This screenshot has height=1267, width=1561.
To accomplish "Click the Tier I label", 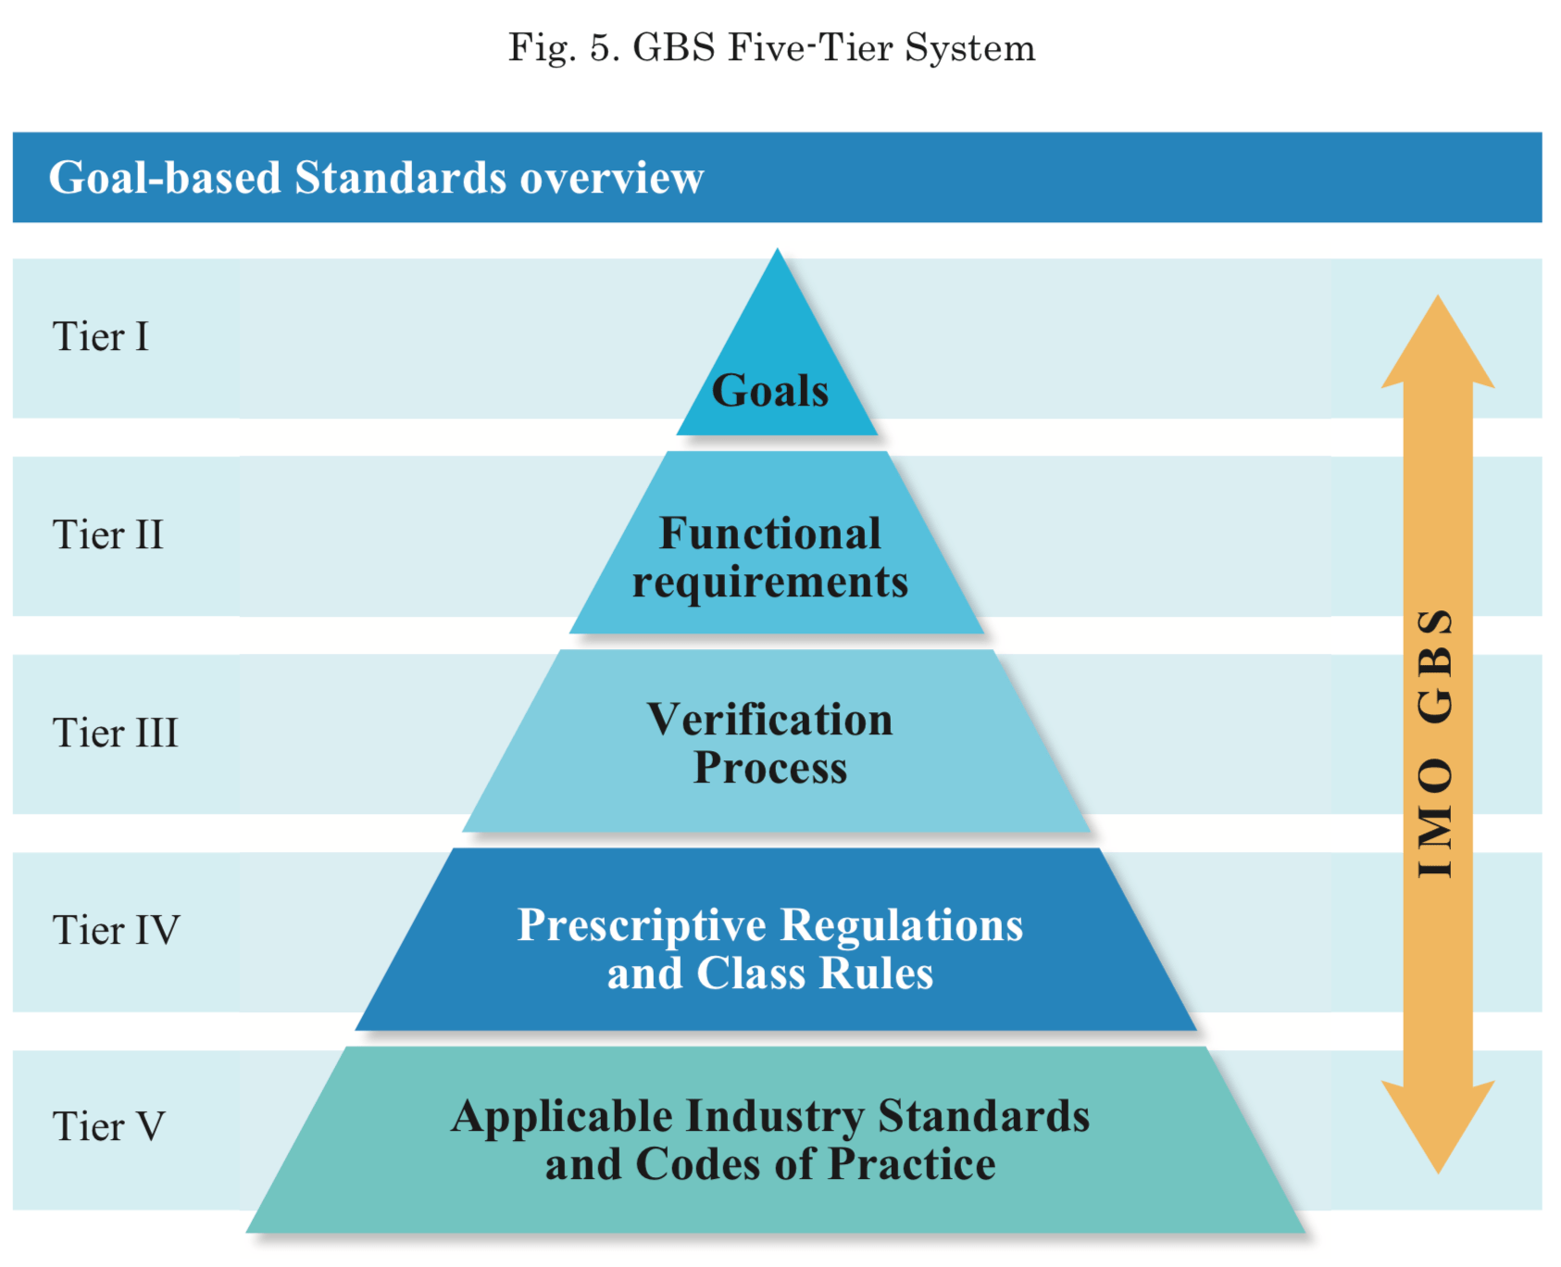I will pos(100,337).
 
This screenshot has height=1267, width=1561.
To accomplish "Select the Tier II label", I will pos(107,535).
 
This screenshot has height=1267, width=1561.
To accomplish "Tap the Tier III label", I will pos(115,733).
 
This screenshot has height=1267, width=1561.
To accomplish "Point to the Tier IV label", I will pos(116,930).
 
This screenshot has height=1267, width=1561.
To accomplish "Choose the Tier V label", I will pos(108,1127).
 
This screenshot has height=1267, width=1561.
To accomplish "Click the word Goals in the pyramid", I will pos(769,391).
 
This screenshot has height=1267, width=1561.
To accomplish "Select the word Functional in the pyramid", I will pos(769,533).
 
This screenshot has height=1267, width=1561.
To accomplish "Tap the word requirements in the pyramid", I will pos(769,583).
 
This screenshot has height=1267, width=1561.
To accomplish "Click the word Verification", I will pos(769,720).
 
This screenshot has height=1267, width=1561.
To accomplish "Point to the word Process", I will pos(769,768).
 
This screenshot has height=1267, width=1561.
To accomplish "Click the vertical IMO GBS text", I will pos(1436,744).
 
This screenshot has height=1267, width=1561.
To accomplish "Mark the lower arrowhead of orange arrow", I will pos(1438,1125).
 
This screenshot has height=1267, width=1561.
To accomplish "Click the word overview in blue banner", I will pos(611,178).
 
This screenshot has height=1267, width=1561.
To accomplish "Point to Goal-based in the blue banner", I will pos(164,178).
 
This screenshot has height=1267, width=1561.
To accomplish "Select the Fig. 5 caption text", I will pos(771,48).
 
